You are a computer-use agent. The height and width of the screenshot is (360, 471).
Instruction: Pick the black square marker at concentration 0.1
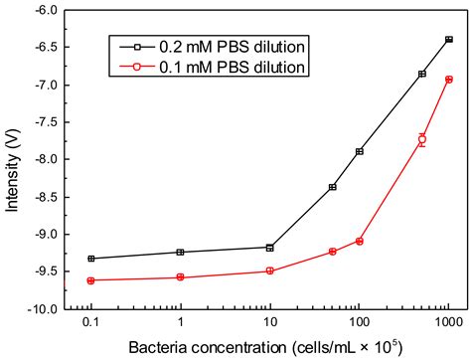point(91,259)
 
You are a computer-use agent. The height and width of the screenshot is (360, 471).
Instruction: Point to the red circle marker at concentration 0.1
point(91,280)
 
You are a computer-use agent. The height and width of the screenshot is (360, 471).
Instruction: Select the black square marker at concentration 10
point(270,248)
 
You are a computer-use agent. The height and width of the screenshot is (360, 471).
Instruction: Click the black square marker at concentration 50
point(333,187)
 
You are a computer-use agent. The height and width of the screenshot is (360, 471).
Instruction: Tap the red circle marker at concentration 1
point(181,277)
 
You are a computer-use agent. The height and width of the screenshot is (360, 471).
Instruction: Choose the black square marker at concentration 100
point(360,151)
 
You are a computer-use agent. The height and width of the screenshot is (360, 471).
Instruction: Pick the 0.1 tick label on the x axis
point(91,323)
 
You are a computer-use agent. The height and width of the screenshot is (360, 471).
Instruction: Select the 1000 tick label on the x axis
point(448,323)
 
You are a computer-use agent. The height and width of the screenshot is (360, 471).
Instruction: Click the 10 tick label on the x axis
point(270,323)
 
